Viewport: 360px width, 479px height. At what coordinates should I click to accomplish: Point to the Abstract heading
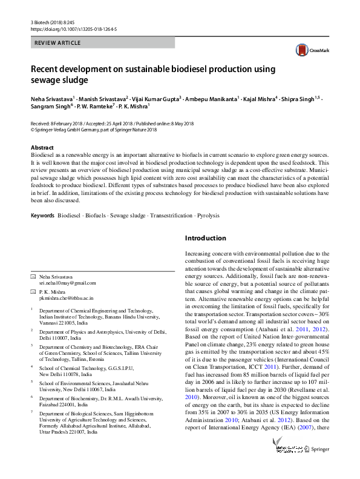point(42,148)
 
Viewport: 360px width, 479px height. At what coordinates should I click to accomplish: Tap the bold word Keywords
point(42,216)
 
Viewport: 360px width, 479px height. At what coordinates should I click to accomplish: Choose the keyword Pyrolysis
point(208,216)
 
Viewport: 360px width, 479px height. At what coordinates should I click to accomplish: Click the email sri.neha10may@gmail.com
point(67,283)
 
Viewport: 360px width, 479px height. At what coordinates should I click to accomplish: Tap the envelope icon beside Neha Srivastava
point(33,276)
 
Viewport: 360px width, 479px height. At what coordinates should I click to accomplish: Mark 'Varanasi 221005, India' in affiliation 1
point(64,323)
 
